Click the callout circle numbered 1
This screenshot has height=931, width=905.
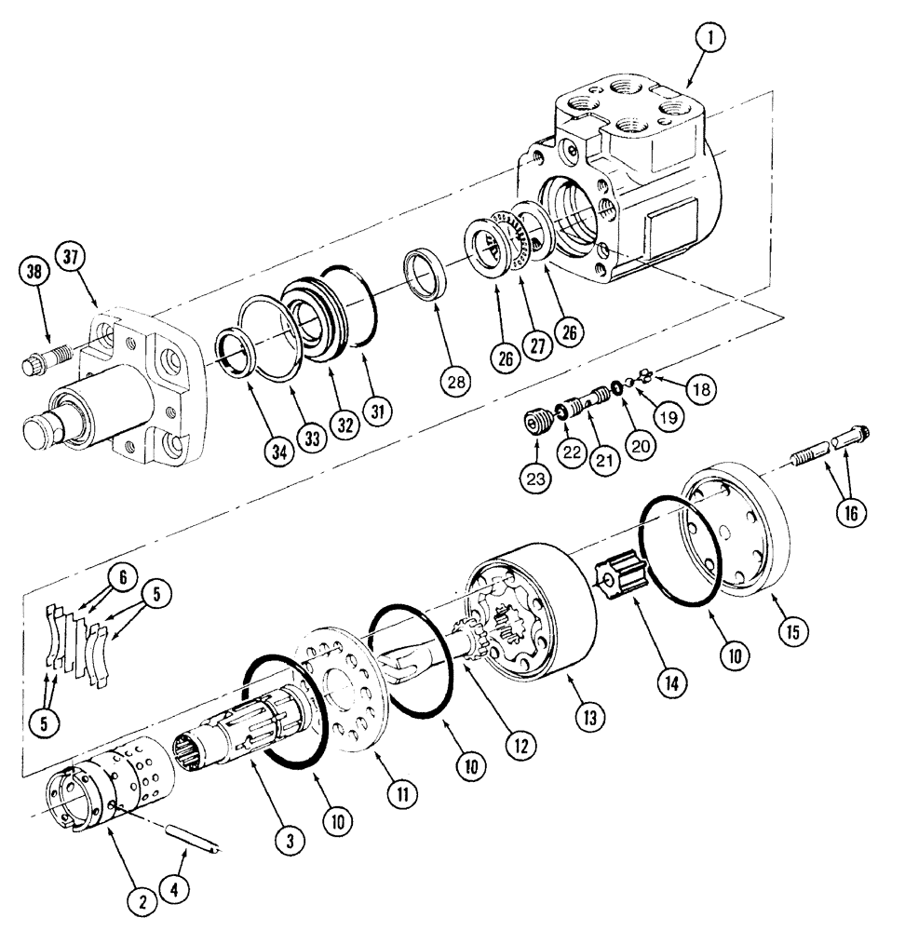point(713,38)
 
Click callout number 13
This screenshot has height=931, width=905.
point(589,716)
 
